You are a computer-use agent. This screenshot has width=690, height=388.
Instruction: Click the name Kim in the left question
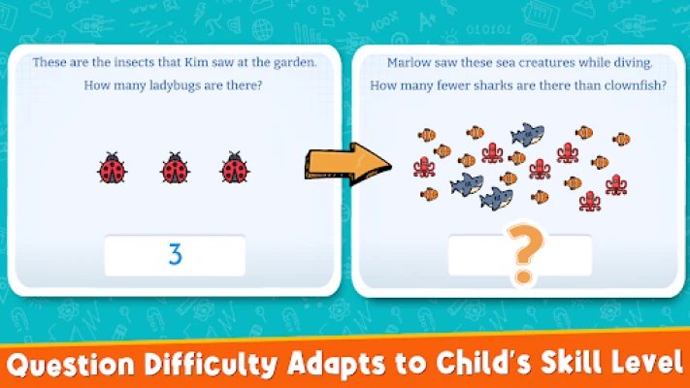(x=196, y=62)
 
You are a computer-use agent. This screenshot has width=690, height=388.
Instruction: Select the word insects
(x=134, y=62)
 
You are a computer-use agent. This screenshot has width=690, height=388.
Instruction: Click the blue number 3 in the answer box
(x=175, y=254)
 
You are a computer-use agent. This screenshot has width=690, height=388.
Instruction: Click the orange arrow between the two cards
(x=347, y=164)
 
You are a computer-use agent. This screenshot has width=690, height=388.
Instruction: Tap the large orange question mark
(x=525, y=252)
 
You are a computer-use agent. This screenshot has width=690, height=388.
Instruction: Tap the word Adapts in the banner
(x=337, y=365)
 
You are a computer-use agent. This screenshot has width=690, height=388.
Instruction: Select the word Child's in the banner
(x=484, y=364)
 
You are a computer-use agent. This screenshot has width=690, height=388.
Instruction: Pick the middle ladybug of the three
(x=175, y=168)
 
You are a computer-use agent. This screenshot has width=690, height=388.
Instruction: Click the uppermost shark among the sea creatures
(x=528, y=134)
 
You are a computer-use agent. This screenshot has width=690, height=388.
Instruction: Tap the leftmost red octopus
(x=424, y=167)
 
